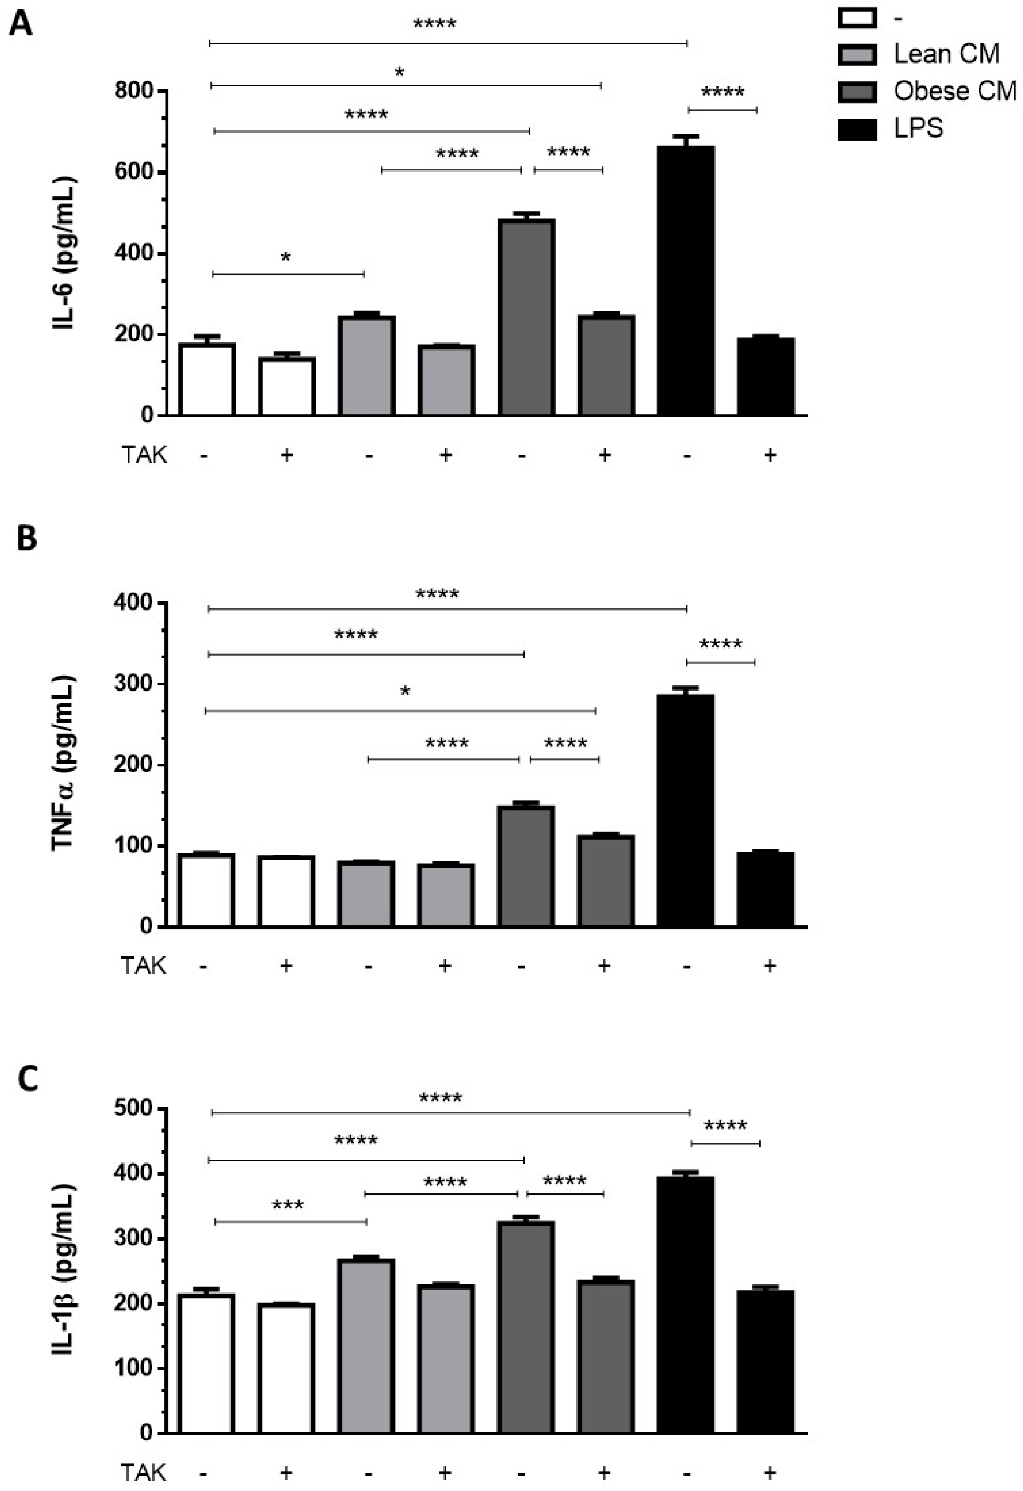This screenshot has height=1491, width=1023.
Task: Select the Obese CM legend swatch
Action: (856, 92)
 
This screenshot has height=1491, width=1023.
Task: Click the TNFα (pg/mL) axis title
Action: (64, 764)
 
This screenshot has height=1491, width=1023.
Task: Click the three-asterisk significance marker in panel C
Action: (288, 1206)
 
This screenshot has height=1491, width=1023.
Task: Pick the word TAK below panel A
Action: (144, 455)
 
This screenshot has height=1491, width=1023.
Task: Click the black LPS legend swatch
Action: (856, 129)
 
